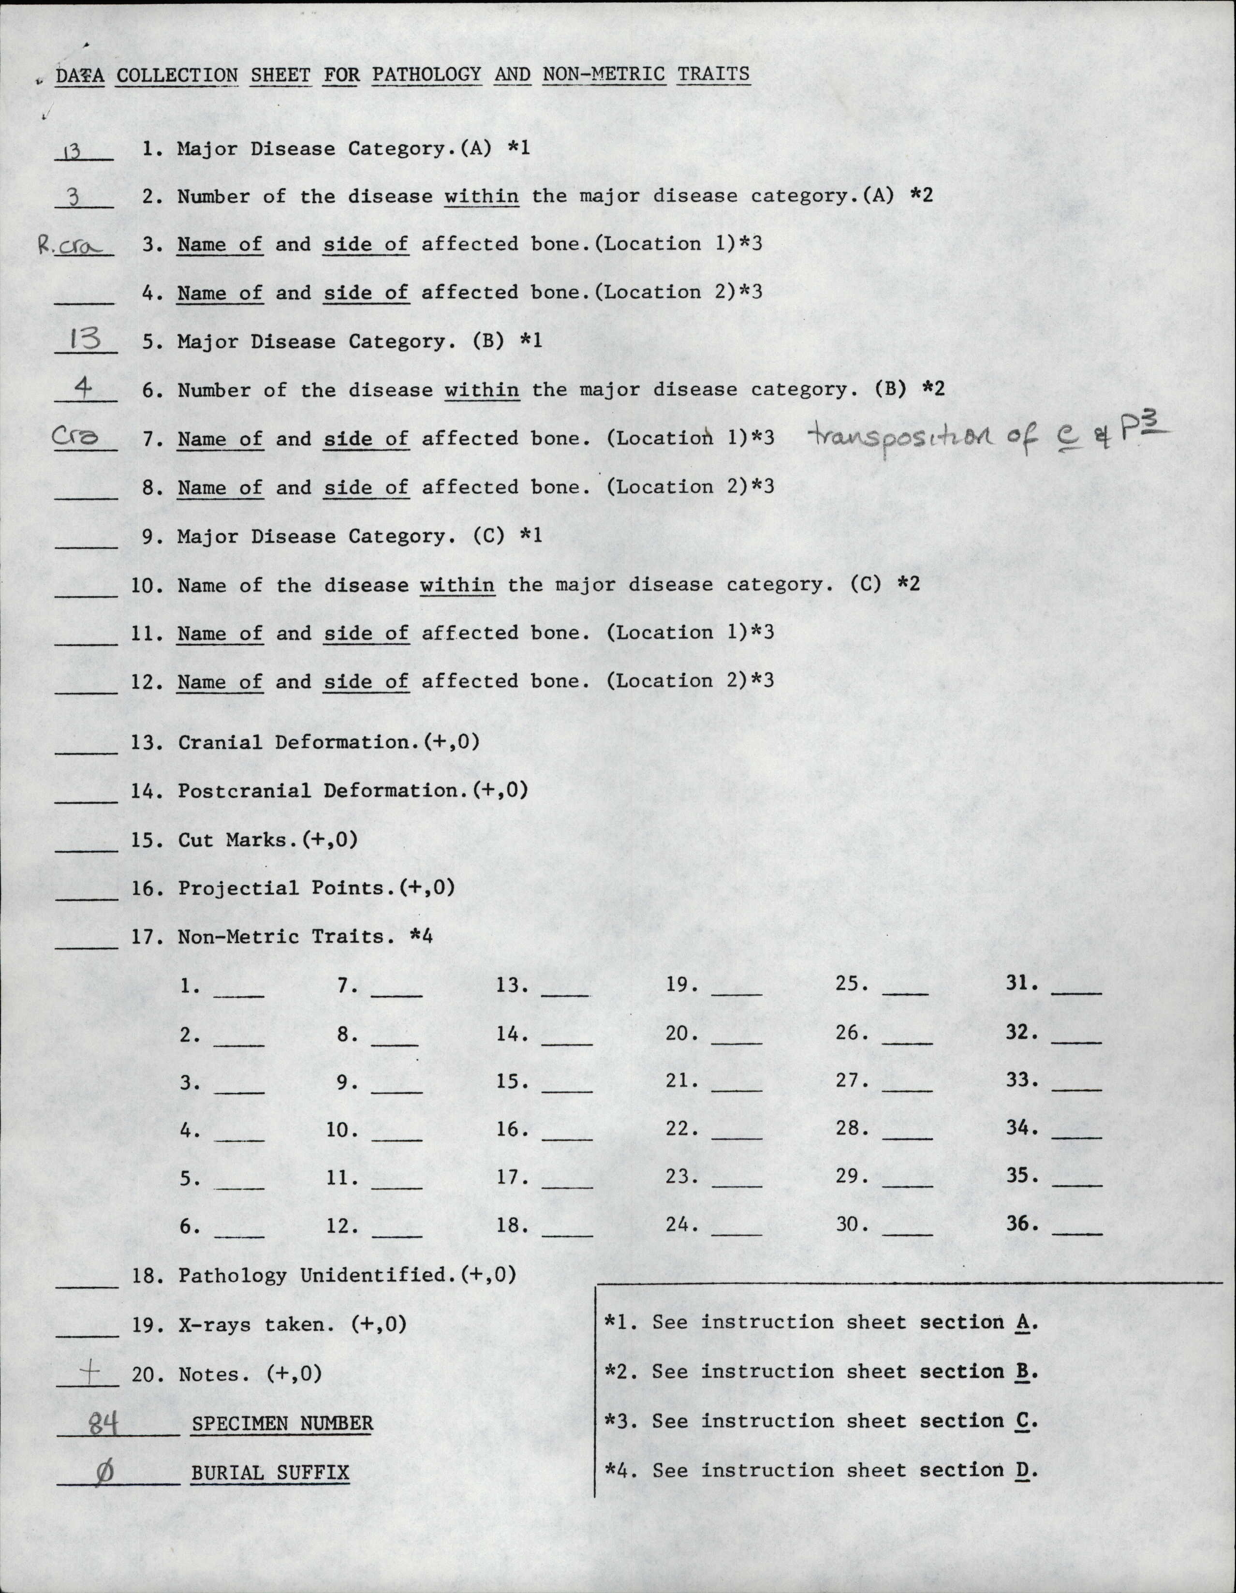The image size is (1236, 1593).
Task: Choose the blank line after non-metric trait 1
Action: (239, 994)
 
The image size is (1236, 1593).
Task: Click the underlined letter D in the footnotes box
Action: (1021, 1471)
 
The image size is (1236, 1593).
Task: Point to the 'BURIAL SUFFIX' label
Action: (270, 1473)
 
